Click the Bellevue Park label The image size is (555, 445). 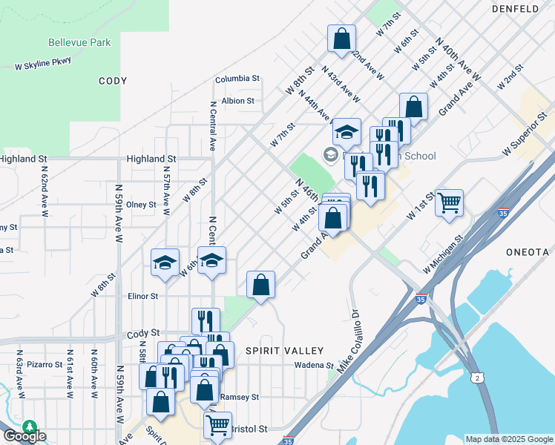click(x=79, y=42)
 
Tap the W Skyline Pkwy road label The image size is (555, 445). click(x=43, y=65)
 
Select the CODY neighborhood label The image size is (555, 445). click(x=112, y=81)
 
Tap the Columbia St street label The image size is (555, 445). click(x=237, y=78)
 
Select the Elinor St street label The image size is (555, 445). click(x=143, y=295)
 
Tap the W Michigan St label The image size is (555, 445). click(x=442, y=254)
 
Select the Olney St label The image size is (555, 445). click(x=141, y=205)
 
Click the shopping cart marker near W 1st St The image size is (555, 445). click(x=449, y=202)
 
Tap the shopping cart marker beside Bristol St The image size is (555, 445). click(x=217, y=425)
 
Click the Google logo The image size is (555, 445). click(x=24, y=436)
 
